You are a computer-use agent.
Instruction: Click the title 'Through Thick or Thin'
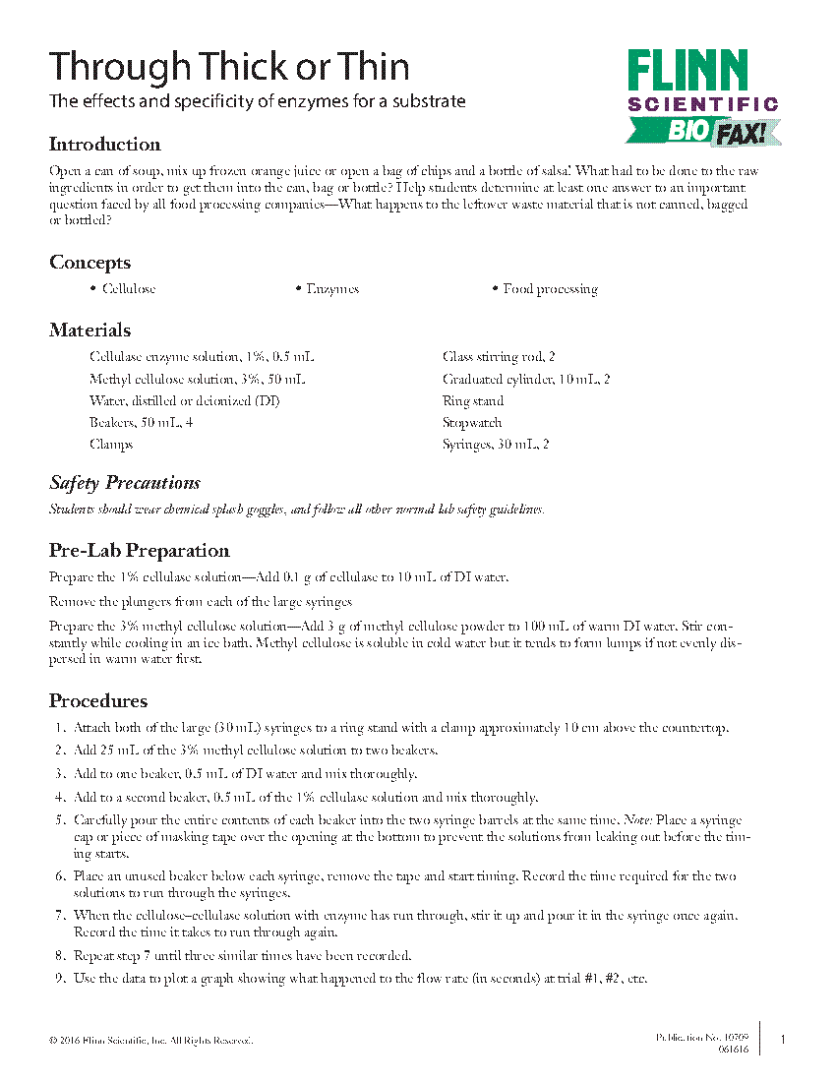[229, 67]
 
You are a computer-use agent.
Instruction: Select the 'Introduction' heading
[104, 145]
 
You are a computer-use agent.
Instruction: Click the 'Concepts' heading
[90, 263]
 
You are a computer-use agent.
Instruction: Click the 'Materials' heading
[90, 331]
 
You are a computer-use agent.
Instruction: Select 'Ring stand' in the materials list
[473, 401]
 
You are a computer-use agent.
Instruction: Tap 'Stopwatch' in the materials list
[472, 423]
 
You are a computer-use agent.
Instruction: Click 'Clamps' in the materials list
[111, 445]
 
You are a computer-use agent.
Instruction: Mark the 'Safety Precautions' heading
[125, 483]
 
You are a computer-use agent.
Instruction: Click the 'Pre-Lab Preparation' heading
[139, 551]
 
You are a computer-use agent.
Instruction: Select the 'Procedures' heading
[98, 701]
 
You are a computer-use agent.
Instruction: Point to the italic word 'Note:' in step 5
[642, 820]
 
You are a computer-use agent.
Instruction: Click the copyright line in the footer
[150, 1040]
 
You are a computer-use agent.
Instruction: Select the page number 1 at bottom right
[783, 1040]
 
